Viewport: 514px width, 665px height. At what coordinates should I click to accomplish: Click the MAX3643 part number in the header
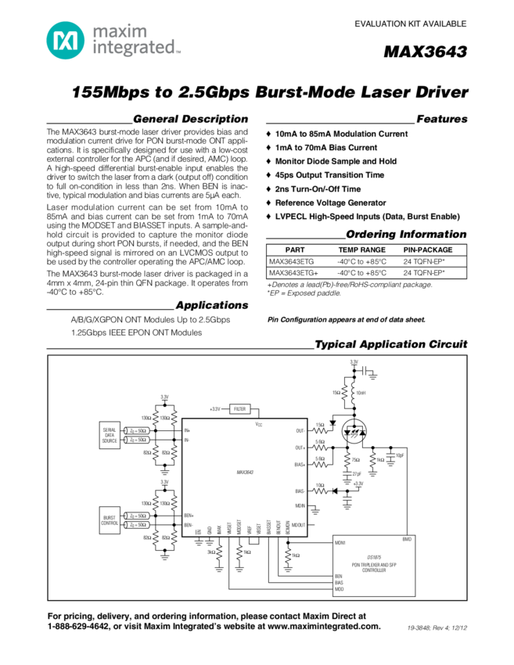(426, 52)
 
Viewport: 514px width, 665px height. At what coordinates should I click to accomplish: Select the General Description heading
(190, 120)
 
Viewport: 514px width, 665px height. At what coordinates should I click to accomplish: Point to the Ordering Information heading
(406, 235)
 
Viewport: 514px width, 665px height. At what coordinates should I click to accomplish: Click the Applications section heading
(211, 305)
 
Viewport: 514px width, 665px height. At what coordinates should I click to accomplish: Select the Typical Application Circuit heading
(390, 345)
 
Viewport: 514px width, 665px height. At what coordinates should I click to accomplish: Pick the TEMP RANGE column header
(361, 250)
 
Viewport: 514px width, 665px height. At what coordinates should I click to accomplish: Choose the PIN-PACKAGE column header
(428, 250)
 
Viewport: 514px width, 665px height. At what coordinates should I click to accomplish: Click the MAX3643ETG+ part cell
(293, 273)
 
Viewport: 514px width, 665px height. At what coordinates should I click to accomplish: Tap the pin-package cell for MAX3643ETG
(425, 262)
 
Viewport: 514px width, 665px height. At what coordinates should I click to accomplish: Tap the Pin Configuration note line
(346, 320)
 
